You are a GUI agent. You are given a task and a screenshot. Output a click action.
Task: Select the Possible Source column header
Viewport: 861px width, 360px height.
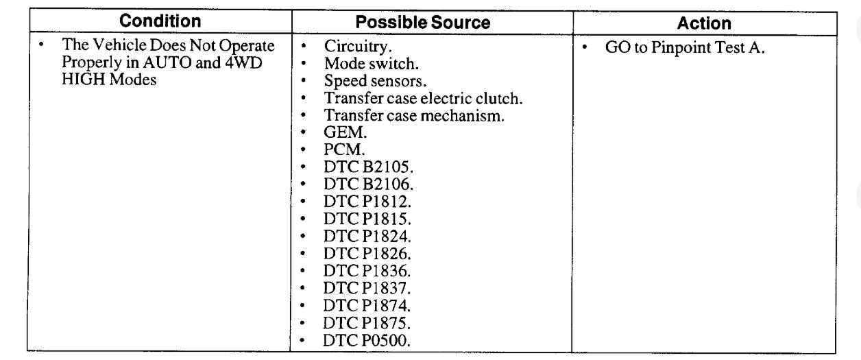click(x=423, y=23)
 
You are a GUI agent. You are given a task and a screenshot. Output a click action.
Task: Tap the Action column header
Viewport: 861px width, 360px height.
click(x=704, y=23)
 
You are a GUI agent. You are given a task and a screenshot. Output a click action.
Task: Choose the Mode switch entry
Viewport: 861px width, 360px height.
click(x=371, y=64)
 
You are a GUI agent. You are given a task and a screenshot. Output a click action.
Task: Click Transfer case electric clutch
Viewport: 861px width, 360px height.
click(x=423, y=99)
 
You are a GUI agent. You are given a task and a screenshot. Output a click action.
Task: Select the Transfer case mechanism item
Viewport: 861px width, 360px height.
click(x=414, y=116)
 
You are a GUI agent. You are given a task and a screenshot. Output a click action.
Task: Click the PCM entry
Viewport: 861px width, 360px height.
click(x=344, y=150)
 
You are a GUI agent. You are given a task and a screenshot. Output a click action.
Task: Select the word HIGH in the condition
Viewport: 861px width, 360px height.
click(x=82, y=80)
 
